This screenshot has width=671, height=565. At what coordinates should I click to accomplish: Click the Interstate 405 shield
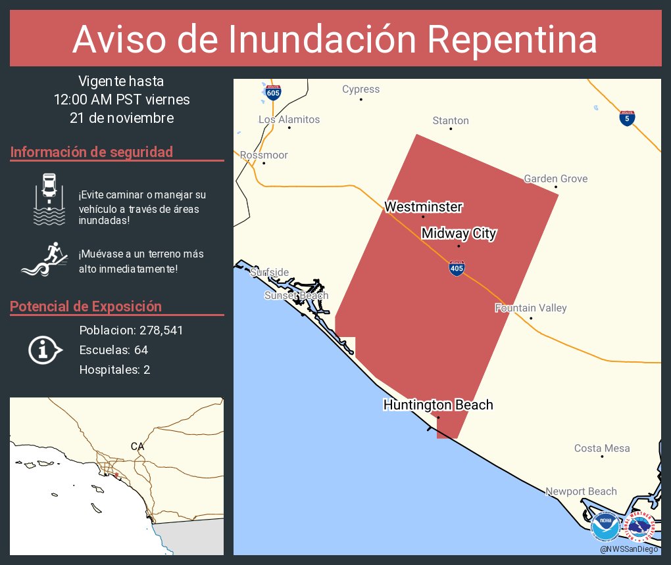click(x=455, y=267)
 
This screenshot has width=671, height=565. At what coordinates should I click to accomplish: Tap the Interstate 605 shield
click(x=273, y=92)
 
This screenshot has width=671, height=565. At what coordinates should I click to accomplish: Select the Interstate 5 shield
click(x=627, y=118)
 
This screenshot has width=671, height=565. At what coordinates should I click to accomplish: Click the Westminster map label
click(x=423, y=207)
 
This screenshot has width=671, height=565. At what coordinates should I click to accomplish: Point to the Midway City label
click(x=459, y=233)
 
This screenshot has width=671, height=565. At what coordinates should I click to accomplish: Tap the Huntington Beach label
click(x=438, y=405)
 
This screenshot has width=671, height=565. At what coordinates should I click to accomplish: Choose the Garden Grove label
click(x=555, y=179)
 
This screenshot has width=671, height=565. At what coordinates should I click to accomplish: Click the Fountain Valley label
click(x=530, y=308)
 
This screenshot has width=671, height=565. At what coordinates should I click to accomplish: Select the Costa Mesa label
click(x=601, y=449)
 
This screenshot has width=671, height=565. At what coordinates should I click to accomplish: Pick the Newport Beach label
click(x=581, y=491)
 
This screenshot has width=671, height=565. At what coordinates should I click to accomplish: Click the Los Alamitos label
click(x=289, y=120)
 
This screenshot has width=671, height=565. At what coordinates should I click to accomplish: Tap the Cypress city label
click(x=360, y=89)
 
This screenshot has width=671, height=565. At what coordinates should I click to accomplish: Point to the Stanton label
click(x=451, y=121)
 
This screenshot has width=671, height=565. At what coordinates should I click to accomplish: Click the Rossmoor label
click(x=264, y=155)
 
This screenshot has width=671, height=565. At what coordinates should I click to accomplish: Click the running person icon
click(x=45, y=260)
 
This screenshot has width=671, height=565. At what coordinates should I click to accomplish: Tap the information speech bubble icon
click(x=44, y=350)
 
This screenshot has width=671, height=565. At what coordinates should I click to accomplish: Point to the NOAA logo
click(x=605, y=527)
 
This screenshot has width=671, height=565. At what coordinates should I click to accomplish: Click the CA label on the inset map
click(x=137, y=446)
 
